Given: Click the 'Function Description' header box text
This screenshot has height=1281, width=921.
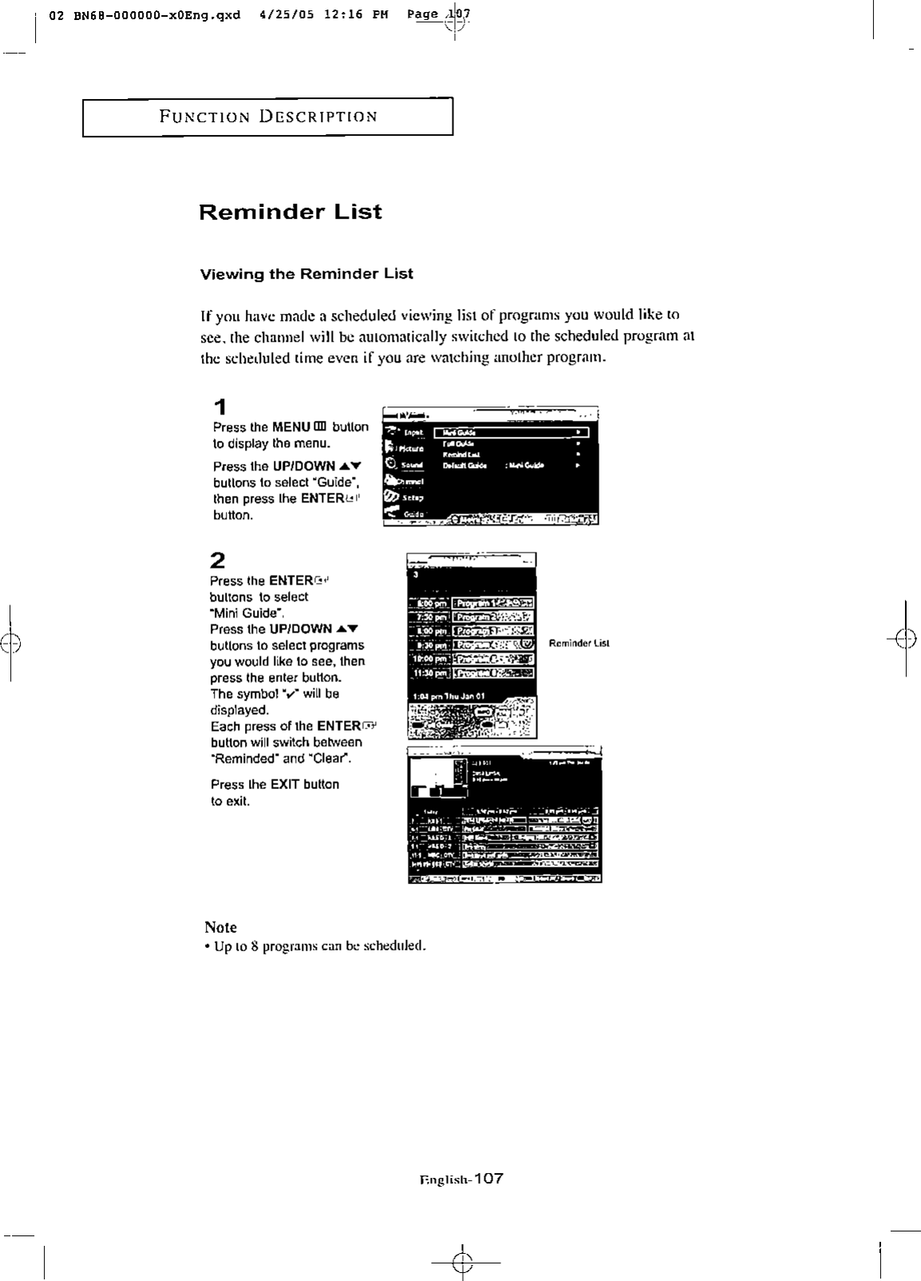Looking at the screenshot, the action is pos(268,117).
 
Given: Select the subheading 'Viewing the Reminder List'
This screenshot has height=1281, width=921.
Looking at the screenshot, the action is pos(306,274).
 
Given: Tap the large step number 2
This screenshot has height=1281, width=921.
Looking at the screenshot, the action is pos(218,559).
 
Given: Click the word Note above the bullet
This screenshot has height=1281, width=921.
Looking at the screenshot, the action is pos(220,927).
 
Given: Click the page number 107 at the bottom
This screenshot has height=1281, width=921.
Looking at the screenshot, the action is pos(487,1179).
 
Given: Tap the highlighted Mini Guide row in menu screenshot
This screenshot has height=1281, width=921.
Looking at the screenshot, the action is pos(512,433).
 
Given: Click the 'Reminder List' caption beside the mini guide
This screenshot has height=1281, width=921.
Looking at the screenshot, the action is pos(579,643).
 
